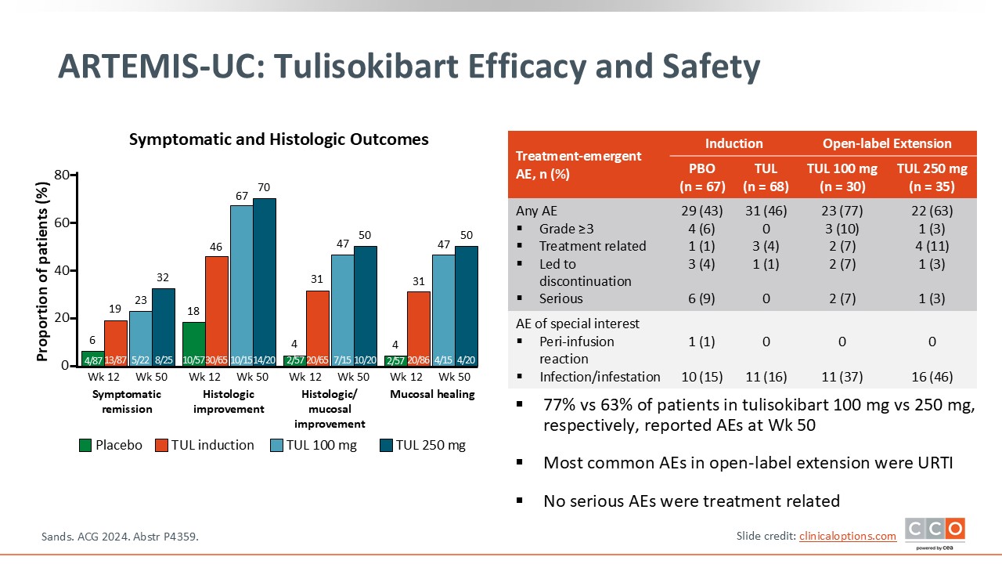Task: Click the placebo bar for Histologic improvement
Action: point(193,344)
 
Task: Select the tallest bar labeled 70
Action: point(265,282)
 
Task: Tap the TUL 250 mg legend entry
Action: point(422,445)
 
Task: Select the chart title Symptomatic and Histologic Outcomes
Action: point(279,139)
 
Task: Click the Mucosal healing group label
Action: point(432,395)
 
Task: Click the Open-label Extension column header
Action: point(887,143)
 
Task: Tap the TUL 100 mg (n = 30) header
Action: point(842,177)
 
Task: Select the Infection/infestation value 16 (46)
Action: point(932,377)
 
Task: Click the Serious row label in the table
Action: point(560,298)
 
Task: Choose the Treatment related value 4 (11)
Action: point(932,246)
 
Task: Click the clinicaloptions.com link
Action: point(847,536)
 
